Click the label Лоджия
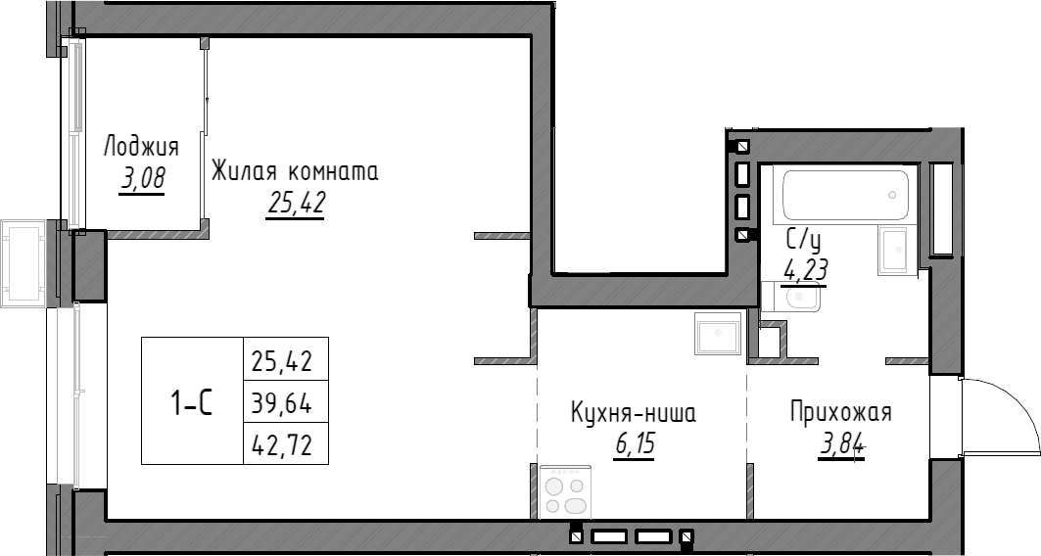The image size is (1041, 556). [x=141, y=148]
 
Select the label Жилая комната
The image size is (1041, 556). [x=295, y=172]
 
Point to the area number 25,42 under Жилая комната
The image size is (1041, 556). [x=295, y=204]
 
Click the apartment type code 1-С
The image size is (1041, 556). [x=192, y=401]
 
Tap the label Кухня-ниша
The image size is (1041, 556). [x=634, y=413]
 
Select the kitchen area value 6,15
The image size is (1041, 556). [x=634, y=445]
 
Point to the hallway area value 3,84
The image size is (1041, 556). [x=841, y=446]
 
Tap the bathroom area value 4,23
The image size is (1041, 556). [x=803, y=270]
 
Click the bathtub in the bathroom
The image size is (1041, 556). [x=844, y=194]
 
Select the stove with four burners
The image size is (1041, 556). [x=565, y=489]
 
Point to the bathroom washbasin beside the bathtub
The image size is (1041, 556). [x=896, y=252]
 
